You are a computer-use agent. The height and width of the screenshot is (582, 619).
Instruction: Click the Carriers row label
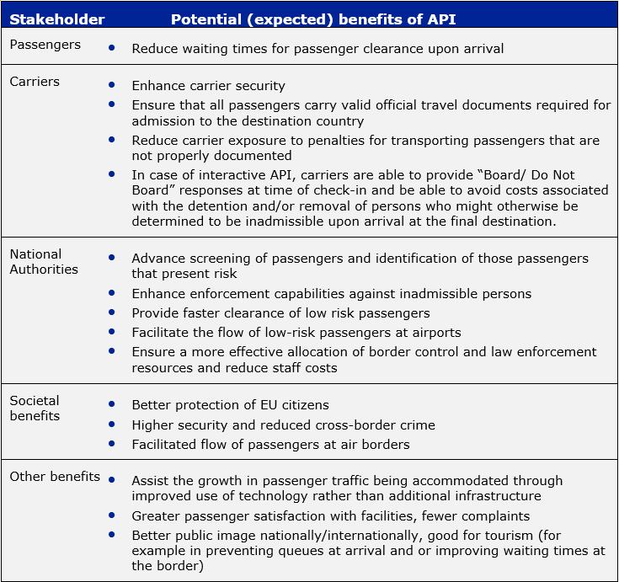click(34, 82)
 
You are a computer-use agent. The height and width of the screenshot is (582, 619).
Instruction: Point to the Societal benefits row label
click(35, 408)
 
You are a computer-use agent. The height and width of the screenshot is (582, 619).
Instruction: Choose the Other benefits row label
click(55, 477)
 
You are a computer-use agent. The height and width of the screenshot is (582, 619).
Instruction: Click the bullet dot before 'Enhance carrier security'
click(112, 85)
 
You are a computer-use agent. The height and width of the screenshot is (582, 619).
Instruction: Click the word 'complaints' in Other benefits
click(494, 515)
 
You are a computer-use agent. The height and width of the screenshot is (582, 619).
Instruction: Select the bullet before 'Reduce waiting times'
click(112, 48)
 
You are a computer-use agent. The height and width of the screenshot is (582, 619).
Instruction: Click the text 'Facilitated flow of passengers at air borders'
click(270, 445)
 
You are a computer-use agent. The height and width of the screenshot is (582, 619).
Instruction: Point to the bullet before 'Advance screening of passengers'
click(112, 258)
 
